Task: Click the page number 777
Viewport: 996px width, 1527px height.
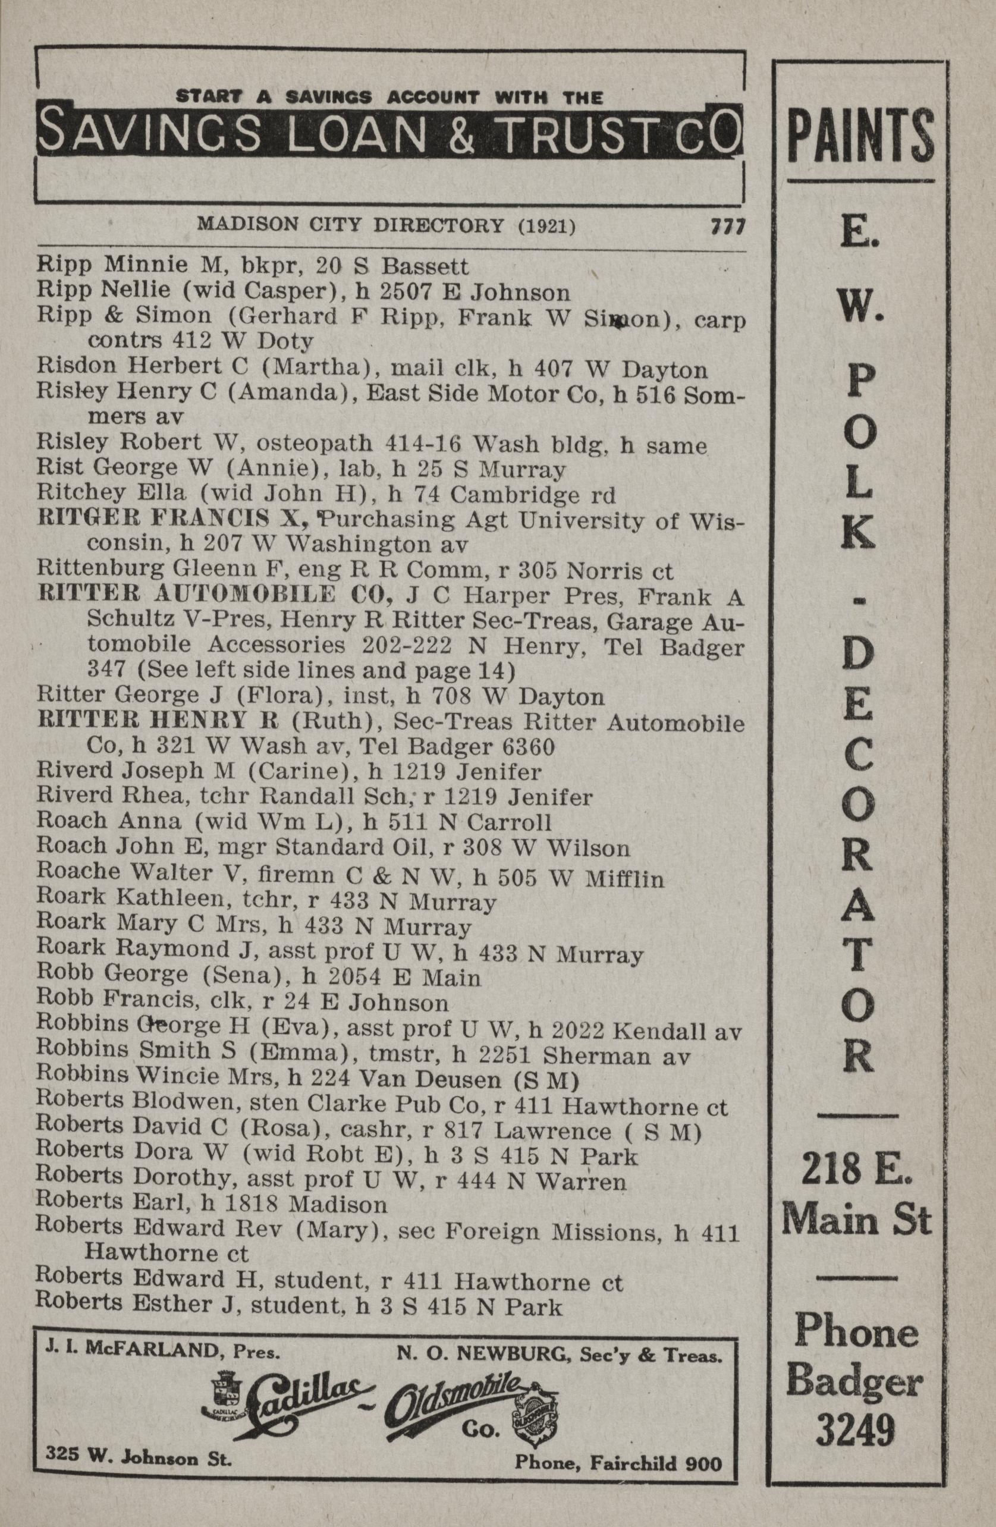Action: coord(726,226)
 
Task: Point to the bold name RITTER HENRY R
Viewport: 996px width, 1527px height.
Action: coord(158,722)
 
